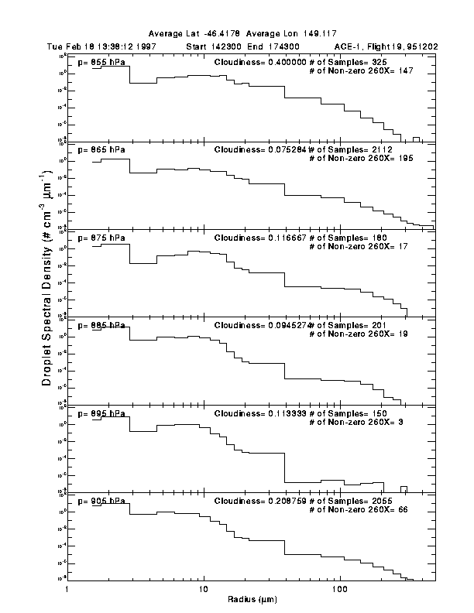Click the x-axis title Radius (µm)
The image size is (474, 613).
pyautogui.click(x=252, y=599)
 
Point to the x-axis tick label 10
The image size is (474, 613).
pyautogui.click(x=204, y=590)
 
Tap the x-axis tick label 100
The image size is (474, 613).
pyautogui.click(x=339, y=590)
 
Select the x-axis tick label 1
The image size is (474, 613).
pyautogui.click(x=68, y=590)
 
